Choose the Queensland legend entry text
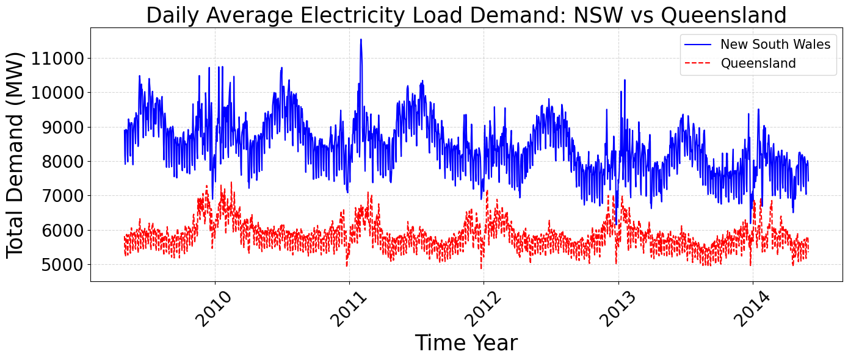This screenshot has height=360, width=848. coord(758,63)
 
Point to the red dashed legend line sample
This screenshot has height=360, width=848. coord(698,63)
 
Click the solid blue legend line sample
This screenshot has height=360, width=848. coord(698,45)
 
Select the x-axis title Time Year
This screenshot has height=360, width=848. coord(466,343)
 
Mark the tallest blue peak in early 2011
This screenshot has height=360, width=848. coord(361,40)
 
